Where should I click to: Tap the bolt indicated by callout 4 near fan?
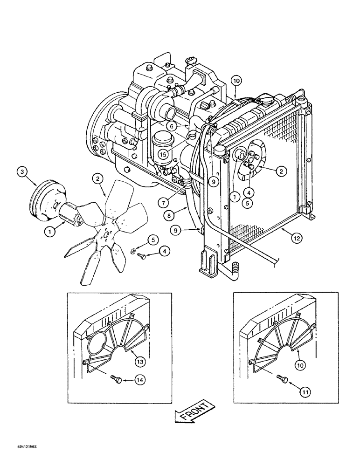142,256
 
